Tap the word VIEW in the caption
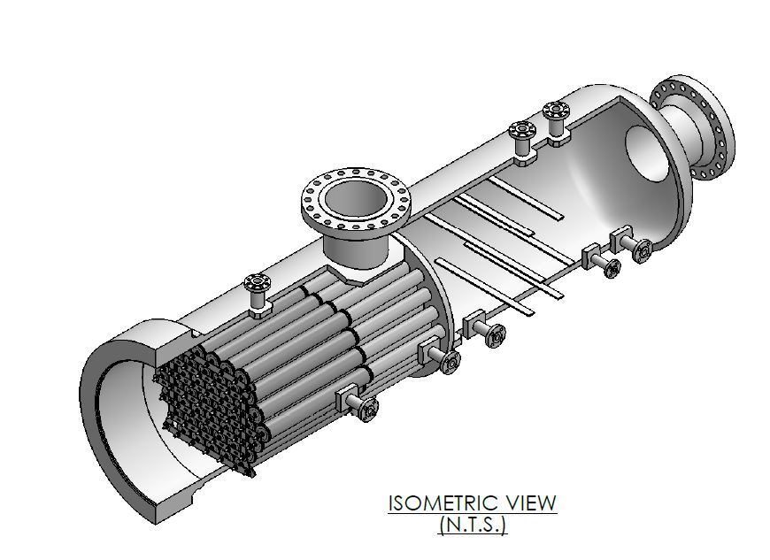(529, 503)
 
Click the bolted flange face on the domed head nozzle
(696, 130)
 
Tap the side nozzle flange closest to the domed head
(643, 251)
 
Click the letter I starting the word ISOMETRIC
(390, 503)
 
